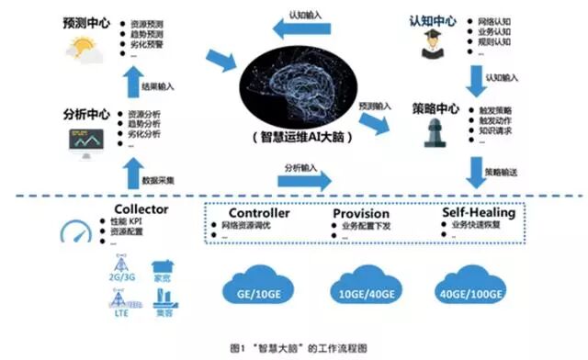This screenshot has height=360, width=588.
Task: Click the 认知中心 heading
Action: (431, 20)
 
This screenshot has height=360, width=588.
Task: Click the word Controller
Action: (258, 213)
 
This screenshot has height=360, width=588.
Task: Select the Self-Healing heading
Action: (478, 213)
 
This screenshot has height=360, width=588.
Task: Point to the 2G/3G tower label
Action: (122, 274)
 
